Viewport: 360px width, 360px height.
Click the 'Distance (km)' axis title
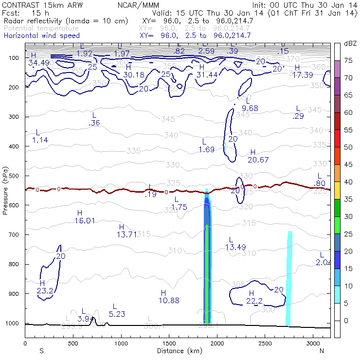tap(178, 351)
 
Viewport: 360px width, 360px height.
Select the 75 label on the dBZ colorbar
tap(348, 61)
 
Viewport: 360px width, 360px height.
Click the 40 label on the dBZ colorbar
tap(348, 181)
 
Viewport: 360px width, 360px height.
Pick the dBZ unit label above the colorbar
tap(350, 44)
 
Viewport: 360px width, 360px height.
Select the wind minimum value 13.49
tap(236, 248)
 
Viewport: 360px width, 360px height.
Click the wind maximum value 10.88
tap(169, 300)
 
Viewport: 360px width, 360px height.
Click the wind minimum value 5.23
tap(117, 314)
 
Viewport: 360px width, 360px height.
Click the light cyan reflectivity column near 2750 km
tap(289, 277)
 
